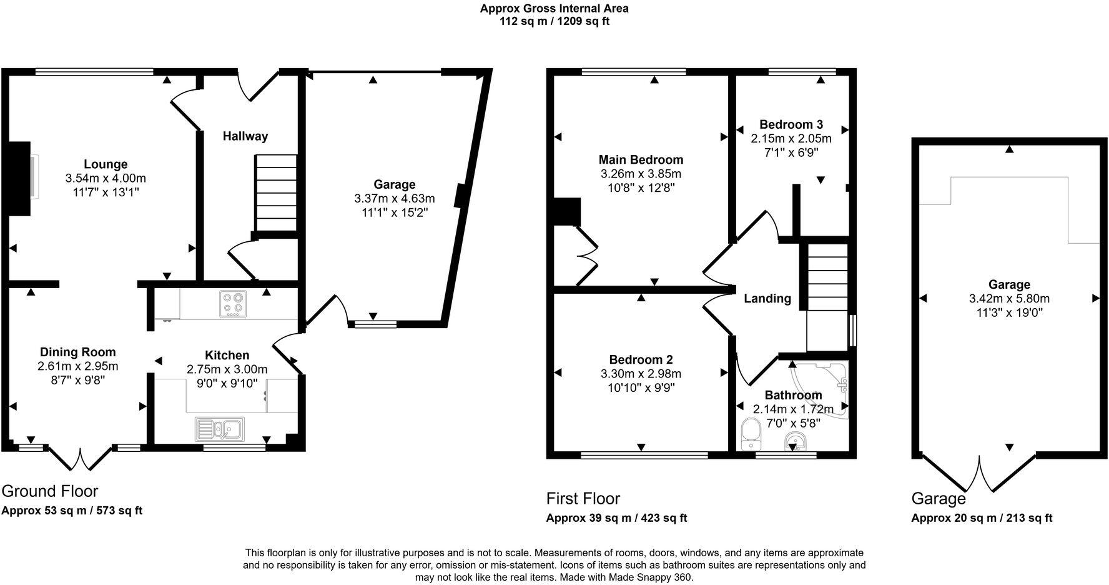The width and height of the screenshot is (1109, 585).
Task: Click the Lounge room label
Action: [106, 164]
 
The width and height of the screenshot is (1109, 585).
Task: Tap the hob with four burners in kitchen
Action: [233, 304]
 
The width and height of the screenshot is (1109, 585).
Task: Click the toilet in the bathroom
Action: [749, 434]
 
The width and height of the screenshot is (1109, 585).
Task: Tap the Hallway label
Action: [245, 136]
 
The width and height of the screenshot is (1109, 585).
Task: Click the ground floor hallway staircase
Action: [275, 194]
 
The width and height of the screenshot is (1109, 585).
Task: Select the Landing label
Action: [767, 299]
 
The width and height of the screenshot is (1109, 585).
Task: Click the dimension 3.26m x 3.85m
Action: [641, 174]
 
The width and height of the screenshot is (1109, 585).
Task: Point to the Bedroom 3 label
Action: [791, 124]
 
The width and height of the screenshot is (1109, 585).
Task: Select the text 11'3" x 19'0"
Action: [1009, 312]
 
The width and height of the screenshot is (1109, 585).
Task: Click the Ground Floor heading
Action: [50, 491]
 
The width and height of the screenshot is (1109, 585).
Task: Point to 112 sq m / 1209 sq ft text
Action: [554, 21]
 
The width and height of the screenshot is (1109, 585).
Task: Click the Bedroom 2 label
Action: [641, 360]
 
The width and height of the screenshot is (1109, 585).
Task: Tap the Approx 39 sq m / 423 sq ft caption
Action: [616, 518]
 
